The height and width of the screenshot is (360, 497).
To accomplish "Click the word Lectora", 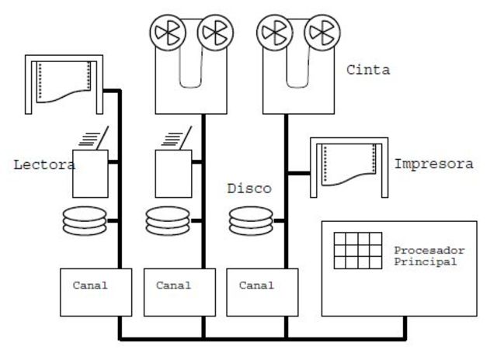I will point(44,164).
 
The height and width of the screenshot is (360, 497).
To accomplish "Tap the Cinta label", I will point(368,71).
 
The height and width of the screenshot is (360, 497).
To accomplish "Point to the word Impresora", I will point(433,164).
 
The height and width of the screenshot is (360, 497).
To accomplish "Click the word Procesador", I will point(429,251).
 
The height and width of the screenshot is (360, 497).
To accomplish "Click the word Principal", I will point(425,261).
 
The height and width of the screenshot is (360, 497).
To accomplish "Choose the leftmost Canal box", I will point(90,292).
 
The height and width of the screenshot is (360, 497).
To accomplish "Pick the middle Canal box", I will point(174,292).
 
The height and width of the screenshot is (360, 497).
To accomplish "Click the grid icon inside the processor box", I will point(357,251).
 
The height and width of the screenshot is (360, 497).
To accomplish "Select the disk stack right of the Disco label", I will point(251,220).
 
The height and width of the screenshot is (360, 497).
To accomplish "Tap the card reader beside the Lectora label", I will point(90,164).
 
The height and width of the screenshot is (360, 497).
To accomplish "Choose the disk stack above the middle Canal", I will point(167,220).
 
